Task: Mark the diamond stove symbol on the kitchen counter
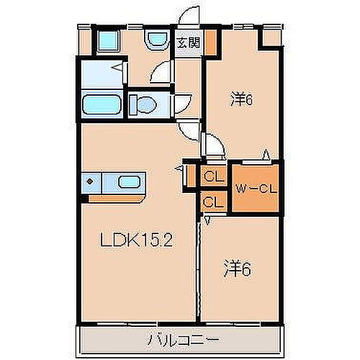[x=91, y=182]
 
